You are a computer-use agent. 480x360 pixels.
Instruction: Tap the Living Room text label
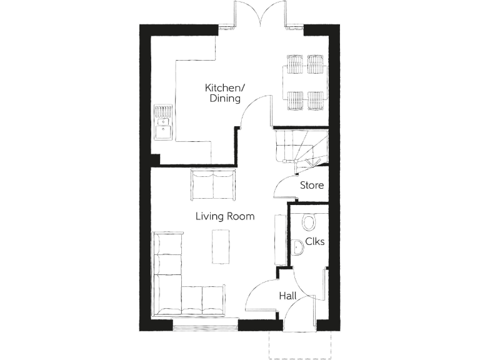[x=224, y=217]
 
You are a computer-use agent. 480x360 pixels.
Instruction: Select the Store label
[x=311, y=185]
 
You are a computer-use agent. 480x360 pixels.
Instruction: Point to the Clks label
[x=314, y=242]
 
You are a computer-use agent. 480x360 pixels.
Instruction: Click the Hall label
[x=288, y=296]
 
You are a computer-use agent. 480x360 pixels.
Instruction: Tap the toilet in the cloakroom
[x=309, y=222]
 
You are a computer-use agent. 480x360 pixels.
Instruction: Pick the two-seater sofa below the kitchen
[x=212, y=185]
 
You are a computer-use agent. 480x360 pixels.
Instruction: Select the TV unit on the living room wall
[x=279, y=239]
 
